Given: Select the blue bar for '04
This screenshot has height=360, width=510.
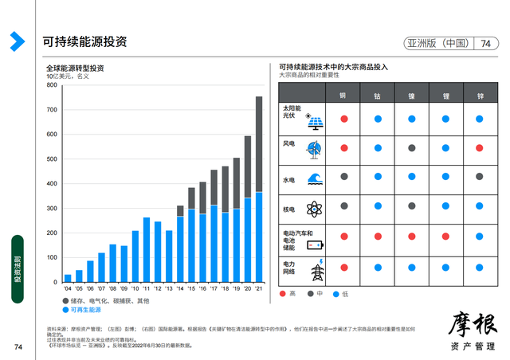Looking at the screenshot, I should tap(68, 279).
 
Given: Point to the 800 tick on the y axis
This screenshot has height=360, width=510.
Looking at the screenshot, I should tap(53, 84).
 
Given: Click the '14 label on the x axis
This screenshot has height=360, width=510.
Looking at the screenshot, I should tap(180, 288).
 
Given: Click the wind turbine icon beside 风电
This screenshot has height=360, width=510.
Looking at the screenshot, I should tap(315, 148).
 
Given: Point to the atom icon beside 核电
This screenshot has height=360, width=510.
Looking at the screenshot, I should tap(315, 209).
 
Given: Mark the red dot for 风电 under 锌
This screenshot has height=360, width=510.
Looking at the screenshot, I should tap(480, 148).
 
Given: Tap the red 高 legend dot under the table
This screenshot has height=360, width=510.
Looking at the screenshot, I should tap(284, 295).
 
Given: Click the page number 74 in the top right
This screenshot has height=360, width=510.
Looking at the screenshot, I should tap(485, 43).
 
